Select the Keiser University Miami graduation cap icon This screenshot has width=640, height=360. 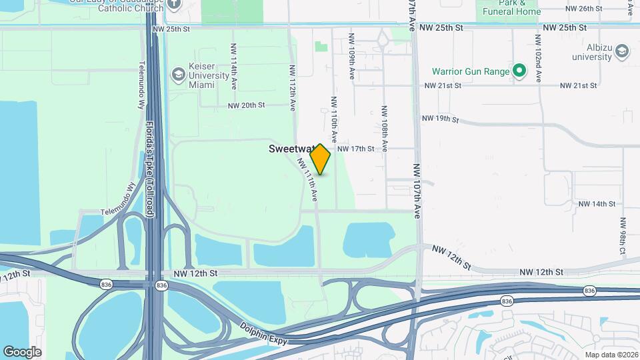tap(178, 74)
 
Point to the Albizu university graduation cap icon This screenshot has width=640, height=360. tap(621, 51)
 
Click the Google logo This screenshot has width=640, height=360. tap(22, 351)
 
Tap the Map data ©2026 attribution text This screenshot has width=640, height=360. tap(610, 354)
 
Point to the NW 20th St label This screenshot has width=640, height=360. tap(246, 105)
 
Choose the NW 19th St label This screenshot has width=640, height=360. tap(440, 119)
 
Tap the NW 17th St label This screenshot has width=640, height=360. tap(355, 149)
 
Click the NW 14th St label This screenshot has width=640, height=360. tap(596, 203)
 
